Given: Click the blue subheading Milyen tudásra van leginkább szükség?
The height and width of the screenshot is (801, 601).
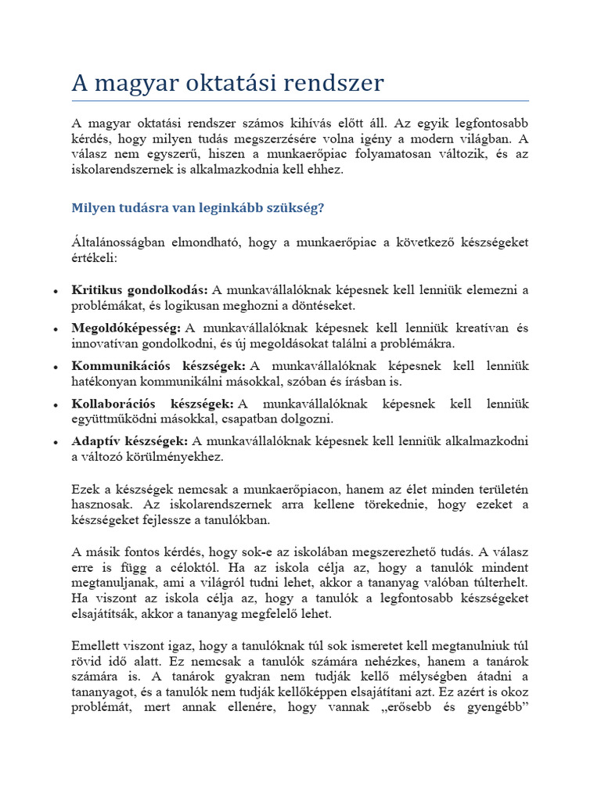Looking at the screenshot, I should tap(197, 208).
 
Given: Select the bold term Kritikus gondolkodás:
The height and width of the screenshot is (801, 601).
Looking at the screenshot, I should tap(140, 290).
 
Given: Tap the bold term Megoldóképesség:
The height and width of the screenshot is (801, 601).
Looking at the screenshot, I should tap(127, 329).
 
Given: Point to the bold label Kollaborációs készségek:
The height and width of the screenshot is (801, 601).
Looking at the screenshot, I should tap(153, 404).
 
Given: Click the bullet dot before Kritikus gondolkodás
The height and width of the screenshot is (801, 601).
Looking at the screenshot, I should tap(55, 291).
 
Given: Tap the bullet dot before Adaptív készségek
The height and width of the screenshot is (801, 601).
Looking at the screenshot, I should tap(55, 442).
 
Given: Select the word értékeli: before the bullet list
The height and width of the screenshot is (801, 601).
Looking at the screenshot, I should tap(94, 257).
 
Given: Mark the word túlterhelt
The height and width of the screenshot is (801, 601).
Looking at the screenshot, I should tap(501, 583).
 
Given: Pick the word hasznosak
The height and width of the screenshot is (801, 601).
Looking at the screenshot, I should tap(99, 505).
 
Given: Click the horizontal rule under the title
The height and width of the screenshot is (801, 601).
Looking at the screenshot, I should tap(300, 101).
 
